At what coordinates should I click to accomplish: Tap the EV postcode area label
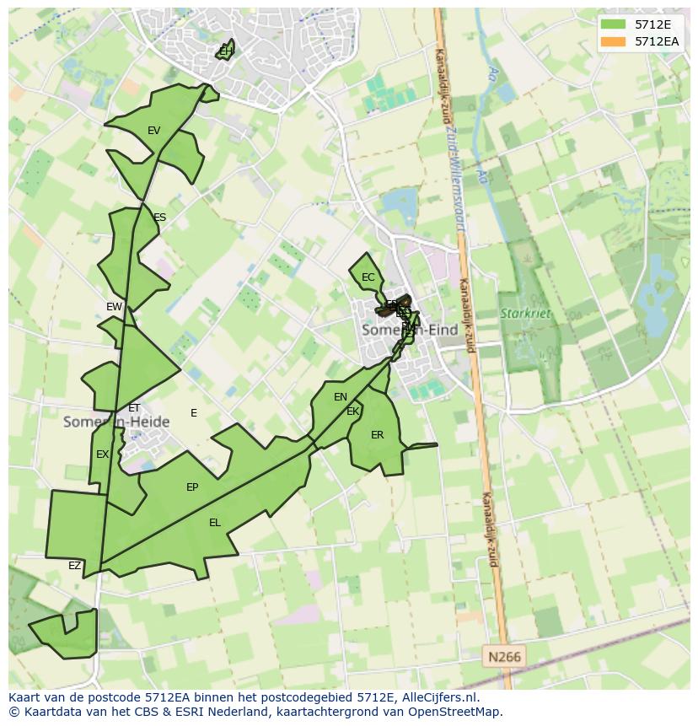point(153,131)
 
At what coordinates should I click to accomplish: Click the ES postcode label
point(159,218)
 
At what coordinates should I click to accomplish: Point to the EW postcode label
point(114,307)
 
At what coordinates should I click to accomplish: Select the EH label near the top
point(225,51)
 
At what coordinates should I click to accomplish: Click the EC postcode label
point(368,277)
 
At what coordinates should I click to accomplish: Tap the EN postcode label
point(341,397)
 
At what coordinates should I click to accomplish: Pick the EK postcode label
point(353,411)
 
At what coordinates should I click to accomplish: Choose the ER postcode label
point(377,435)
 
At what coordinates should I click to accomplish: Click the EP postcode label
point(192,487)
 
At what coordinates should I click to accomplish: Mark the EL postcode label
point(215,523)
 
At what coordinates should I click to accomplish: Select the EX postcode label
point(102,454)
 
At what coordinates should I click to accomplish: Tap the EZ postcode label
point(75,566)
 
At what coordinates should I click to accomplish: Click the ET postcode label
point(134,408)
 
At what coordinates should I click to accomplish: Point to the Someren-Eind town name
point(409,331)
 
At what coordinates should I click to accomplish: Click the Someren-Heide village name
point(116,422)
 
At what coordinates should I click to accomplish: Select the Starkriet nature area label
point(525,314)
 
